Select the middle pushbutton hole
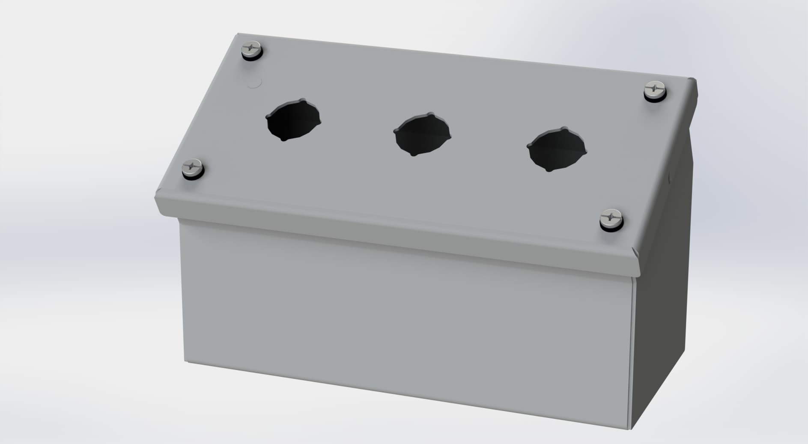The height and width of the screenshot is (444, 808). [x=422, y=134]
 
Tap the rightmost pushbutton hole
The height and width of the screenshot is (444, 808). [x=556, y=149]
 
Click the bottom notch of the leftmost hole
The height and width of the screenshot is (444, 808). [x=283, y=140]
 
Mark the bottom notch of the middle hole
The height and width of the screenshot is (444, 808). [x=413, y=154]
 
